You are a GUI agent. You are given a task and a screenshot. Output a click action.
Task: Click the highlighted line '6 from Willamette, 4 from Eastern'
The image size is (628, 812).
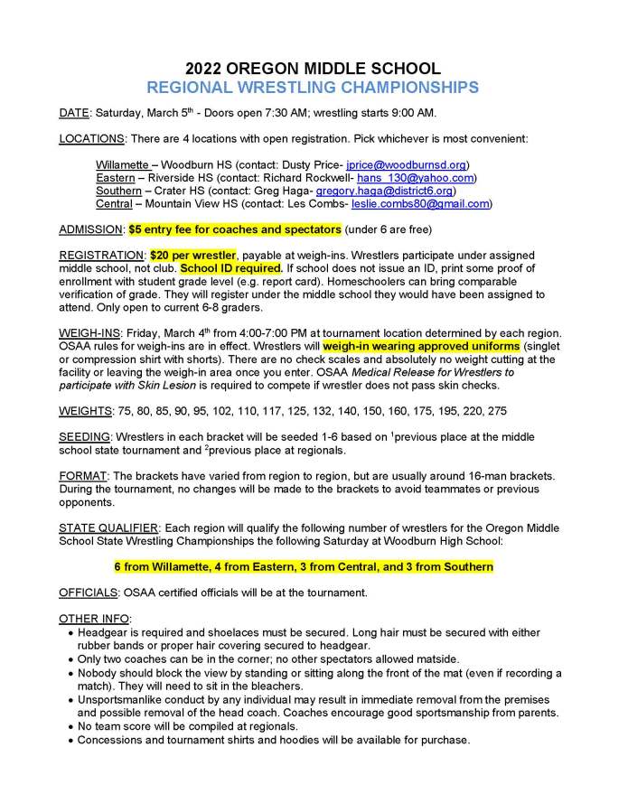(304, 566)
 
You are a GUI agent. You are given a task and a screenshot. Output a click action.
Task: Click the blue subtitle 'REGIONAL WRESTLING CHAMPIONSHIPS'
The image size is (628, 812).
(313, 88)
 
